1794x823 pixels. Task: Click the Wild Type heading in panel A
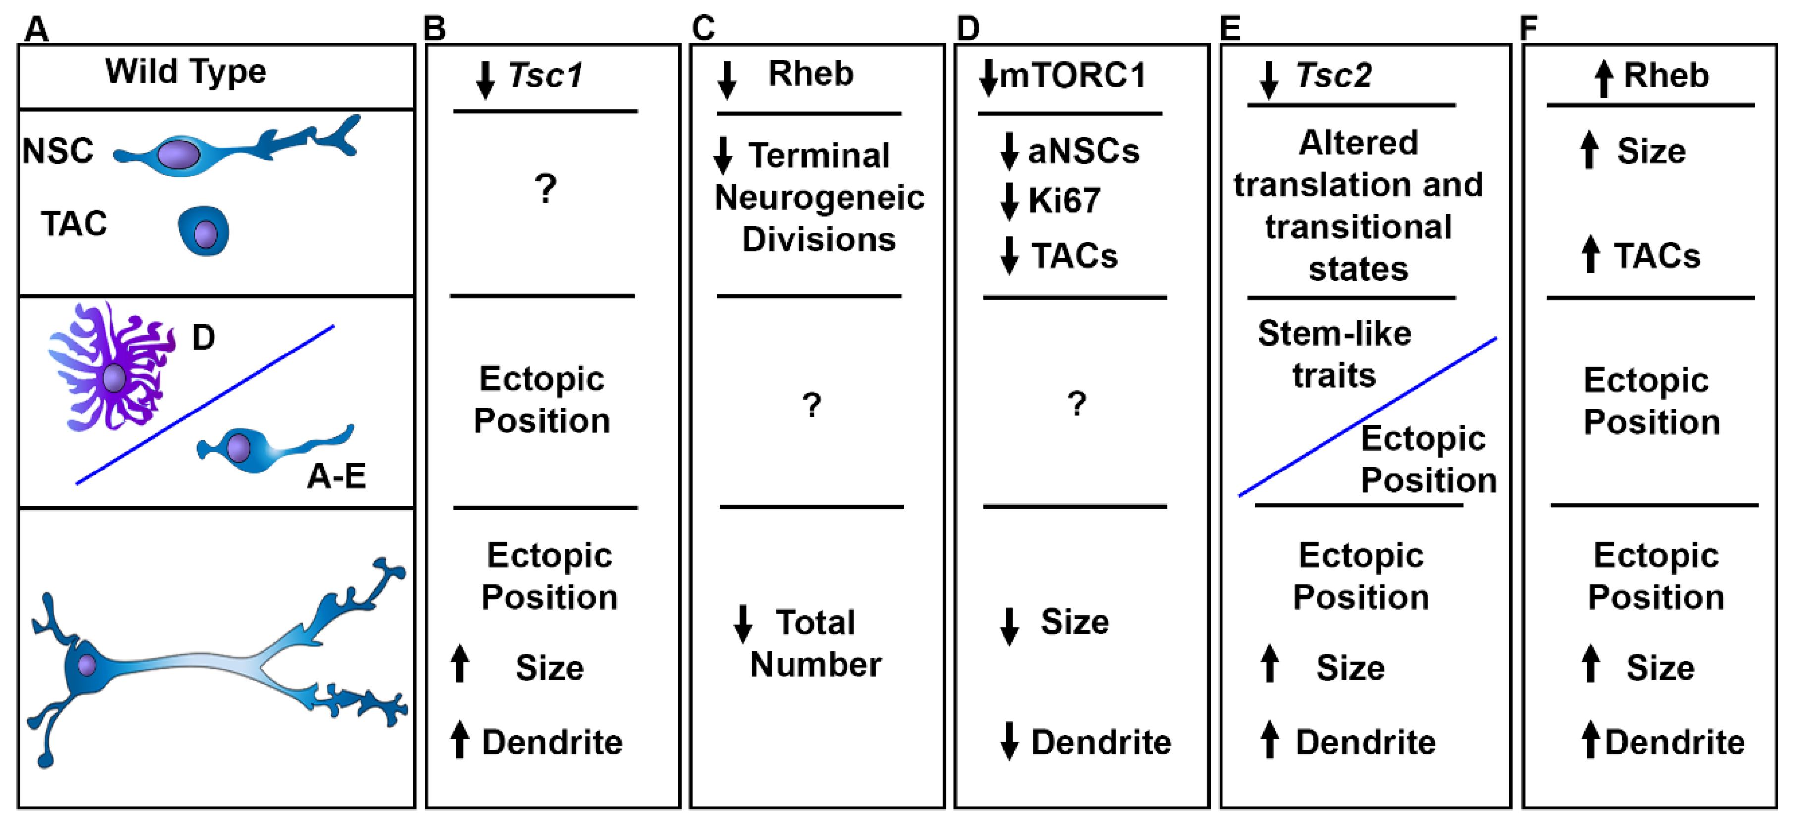click(x=185, y=72)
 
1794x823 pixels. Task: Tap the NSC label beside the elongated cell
click(x=58, y=151)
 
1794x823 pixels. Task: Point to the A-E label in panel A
click(x=336, y=476)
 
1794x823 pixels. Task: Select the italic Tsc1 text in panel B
click(x=545, y=75)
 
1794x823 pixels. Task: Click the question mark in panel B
click(x=545, y=189)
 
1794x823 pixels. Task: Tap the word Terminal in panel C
click(x=819, y=155)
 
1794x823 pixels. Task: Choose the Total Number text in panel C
click(x=815, y=643)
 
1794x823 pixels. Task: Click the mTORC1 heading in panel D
click(x=1072, y=75)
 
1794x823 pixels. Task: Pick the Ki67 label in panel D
click(x=1064, y=201)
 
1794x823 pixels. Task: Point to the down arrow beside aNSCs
click(x=1009, y=151)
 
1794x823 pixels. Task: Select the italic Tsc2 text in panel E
click(x=1334, y=75)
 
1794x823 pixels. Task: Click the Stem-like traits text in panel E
click(x=1334, y=354)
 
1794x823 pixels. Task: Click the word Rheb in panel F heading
click(x=1667, y=75)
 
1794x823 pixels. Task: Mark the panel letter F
click(x=1528, y=28)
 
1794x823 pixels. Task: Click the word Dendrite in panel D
click(x=1101, y=742)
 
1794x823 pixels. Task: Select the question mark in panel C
click(x=811, y=404)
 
